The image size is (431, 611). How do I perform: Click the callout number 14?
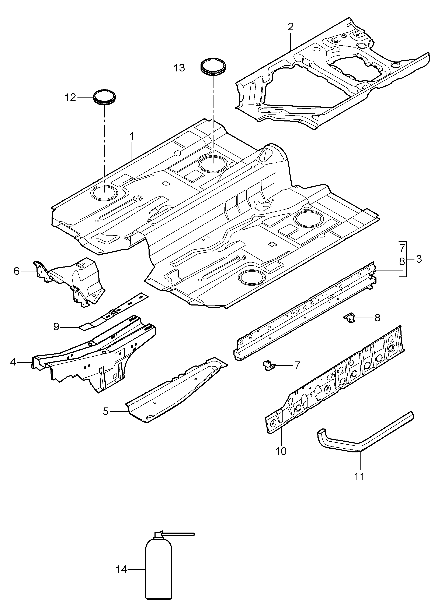[x=121, y=570]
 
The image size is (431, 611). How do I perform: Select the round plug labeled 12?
[x=105, y=97]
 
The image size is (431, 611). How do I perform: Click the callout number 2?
[x=290, y=27]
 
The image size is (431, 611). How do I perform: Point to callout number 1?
[x=132, y=136]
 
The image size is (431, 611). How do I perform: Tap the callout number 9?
[x=56, y=326]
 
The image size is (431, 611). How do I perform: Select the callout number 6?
[x=17, y=271]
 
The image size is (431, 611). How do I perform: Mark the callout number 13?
[x=179, y=68]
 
